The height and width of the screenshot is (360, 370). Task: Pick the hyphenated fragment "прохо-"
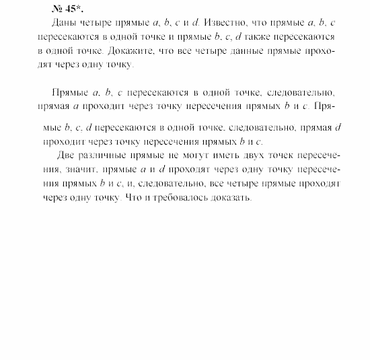pyautogui.click(x=318, y=50)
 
